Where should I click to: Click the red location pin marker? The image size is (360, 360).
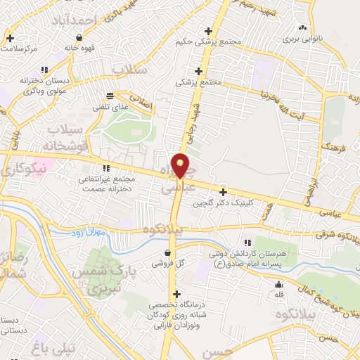(181, 165)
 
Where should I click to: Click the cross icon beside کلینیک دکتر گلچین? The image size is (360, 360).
(224, 192)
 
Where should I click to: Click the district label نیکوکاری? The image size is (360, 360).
(22, 168)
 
